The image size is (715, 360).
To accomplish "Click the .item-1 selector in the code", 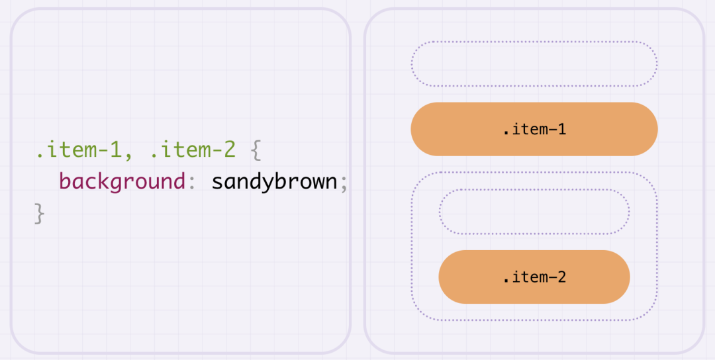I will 78,150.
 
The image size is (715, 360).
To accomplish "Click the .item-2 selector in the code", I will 193,150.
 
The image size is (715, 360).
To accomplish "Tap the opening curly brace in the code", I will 257,151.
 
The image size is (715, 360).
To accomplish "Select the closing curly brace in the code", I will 40,213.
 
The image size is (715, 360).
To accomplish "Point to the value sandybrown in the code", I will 274,181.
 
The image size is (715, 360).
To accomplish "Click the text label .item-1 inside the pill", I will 534,129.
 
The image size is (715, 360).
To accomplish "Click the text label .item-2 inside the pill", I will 534,277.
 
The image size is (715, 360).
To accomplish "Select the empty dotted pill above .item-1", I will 534,64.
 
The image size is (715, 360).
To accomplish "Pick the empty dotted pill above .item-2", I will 534,212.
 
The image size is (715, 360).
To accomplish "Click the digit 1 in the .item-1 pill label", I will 561,129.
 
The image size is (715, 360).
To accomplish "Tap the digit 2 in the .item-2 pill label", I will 561,277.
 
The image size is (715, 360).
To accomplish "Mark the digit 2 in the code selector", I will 228,150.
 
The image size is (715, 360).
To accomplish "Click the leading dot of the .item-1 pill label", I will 506,133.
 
